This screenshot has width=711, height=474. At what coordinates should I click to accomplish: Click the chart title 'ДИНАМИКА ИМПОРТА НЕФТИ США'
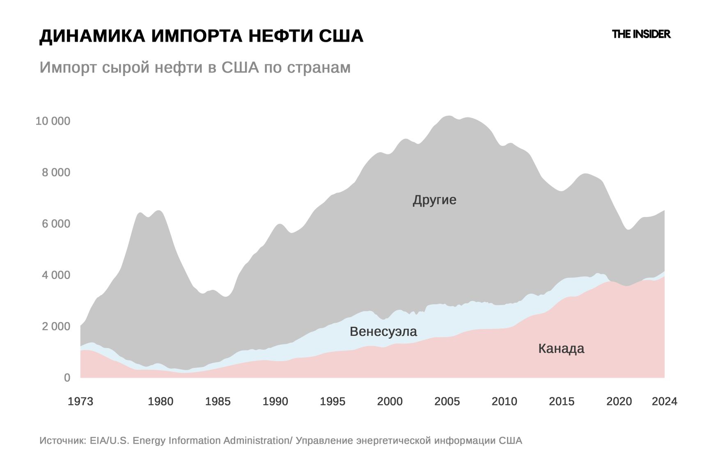pos(201,36)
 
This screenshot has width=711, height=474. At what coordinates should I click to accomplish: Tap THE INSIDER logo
pos(641,34)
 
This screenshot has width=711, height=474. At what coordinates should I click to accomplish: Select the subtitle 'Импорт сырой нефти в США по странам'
pos(195,67)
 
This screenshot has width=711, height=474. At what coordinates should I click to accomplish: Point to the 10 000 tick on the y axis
pos(53,121)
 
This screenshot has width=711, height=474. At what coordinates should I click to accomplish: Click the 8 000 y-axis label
pos(56,172)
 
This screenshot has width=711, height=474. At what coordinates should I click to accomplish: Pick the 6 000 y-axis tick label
pos(56,224)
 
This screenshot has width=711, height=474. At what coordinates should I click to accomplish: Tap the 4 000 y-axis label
pos(56,275)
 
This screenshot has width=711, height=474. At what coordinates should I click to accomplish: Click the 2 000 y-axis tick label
pos(56,326)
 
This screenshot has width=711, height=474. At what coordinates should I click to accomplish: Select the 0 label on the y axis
pos(67,378)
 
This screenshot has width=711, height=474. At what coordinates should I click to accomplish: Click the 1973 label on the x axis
pos(80,401)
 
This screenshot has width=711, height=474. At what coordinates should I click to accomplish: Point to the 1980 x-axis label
pos(161,401)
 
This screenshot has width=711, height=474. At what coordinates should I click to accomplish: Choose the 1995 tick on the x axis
pos(333,401)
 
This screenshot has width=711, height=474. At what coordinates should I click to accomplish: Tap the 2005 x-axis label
pos(447,401)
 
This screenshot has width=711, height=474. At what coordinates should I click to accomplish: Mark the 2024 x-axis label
pos(664,401)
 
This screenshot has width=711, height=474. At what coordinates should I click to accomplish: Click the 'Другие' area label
pos(434,200)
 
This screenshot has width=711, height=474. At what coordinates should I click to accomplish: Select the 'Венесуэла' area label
pos(383,331)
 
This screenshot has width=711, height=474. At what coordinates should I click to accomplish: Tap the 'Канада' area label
pos(561,348)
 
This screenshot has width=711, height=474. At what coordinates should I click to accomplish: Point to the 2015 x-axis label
pos(562,401)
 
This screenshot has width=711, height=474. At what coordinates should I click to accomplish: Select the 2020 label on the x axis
pos(619,401)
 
